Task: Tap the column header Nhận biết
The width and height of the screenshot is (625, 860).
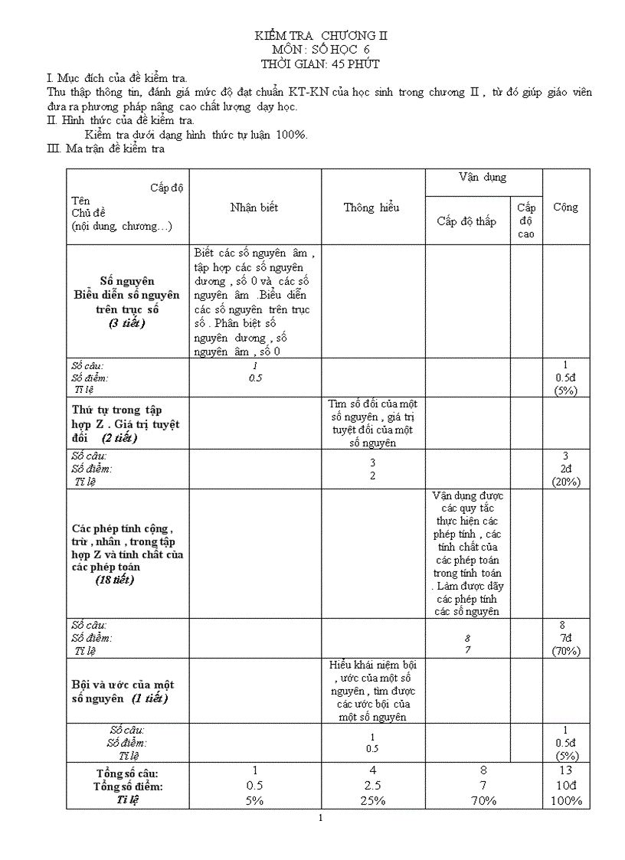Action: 254,208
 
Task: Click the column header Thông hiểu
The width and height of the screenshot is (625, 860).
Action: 371,208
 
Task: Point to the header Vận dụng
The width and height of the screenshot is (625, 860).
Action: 483,178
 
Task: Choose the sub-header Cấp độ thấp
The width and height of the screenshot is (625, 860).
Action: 466,221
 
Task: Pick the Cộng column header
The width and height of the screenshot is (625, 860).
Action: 565,208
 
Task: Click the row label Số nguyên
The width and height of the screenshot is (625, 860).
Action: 127,281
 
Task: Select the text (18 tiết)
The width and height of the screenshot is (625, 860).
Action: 115,580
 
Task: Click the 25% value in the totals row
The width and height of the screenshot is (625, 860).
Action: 372,800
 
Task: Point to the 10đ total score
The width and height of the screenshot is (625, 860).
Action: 566,786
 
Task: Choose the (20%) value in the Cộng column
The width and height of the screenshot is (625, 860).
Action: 566,482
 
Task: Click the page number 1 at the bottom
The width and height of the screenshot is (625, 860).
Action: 321,819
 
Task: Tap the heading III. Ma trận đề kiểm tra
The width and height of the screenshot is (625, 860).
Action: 106,149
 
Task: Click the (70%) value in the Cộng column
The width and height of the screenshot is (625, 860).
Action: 566,651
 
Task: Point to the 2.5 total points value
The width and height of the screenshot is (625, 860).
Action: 372,786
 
